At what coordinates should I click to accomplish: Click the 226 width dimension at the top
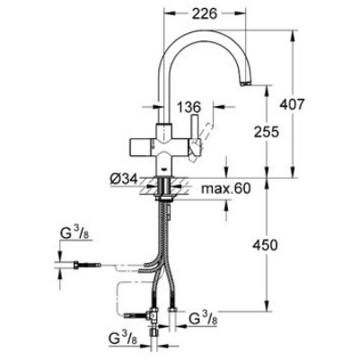205,13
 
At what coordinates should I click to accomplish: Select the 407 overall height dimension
292,104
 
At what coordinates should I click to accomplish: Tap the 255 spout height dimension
266,131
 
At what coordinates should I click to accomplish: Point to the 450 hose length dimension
265,245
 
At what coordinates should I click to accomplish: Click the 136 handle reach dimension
188,107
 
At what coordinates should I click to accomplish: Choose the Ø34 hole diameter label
124,180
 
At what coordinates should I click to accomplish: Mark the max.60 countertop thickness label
225,189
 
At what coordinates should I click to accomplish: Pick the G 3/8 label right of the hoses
204,319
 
